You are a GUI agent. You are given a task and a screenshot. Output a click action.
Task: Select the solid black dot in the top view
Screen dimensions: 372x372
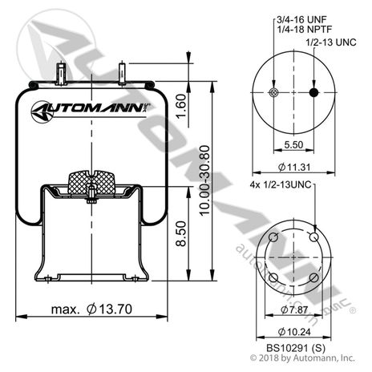point(313,93)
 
